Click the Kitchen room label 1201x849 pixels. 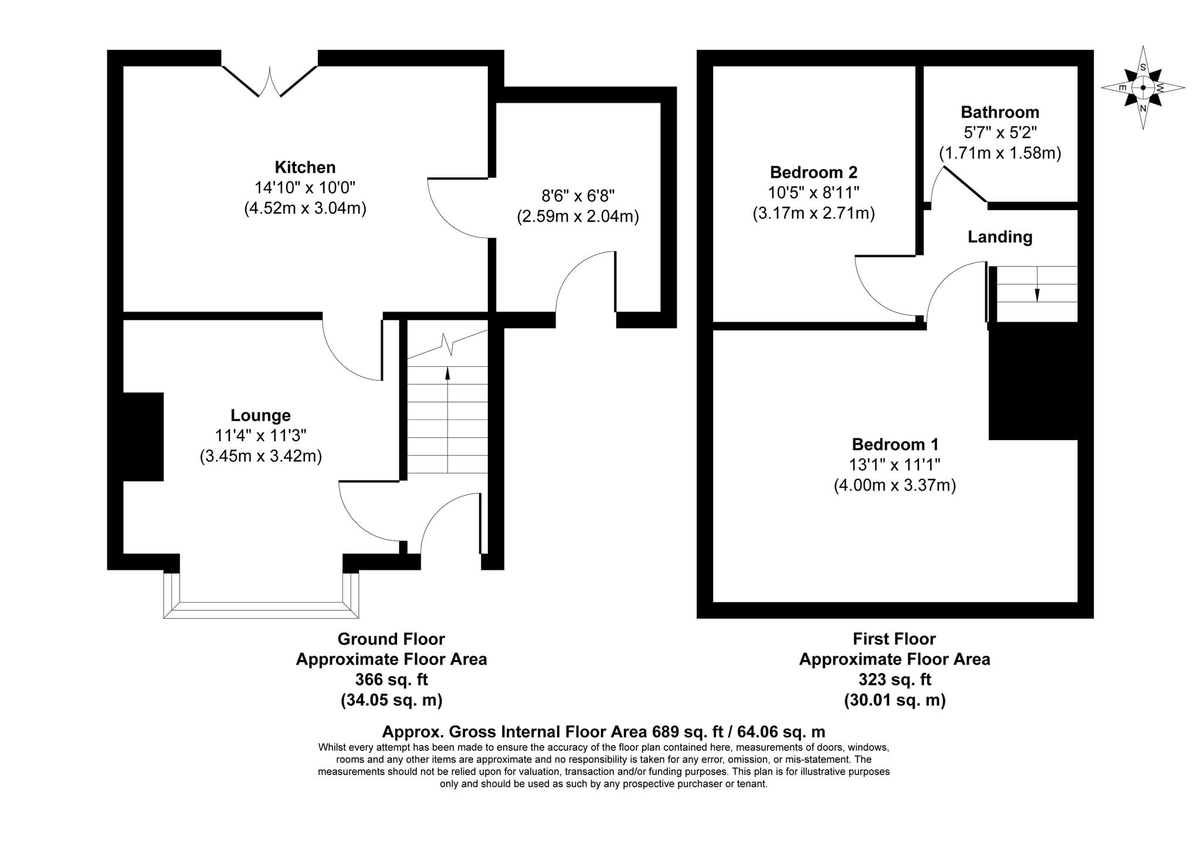click(305, 167)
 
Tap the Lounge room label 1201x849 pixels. click(260, 415)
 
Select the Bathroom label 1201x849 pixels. click(1000, 112)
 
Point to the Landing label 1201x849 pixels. click(1000, 237)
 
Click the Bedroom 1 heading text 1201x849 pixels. click(895, 444)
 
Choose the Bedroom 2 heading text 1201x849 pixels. click(813, 172)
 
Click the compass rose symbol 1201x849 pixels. click(1143, 87)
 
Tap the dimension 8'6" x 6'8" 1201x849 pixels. click(578, 195)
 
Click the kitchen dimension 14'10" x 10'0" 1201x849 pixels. click(305, 188)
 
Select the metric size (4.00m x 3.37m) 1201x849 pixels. click(895, 485)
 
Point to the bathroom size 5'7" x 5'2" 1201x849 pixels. click(1000, 133)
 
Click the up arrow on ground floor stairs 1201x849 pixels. click(447, 420)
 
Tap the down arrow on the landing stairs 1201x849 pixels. click(1037, 284)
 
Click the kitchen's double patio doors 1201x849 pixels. click(270, 81)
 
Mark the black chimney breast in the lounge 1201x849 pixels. click(143, 437)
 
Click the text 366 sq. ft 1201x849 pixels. click(391, 679)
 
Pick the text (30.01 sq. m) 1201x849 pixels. click(895, 700)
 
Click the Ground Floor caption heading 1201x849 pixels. click(391, 639)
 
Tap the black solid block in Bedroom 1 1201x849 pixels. click(1033, 380)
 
